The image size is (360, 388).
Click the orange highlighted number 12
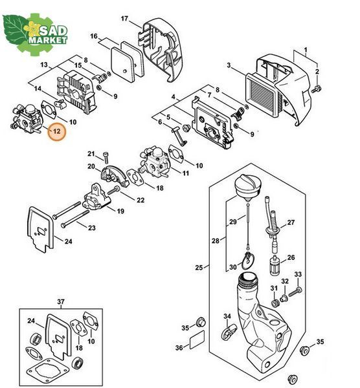(57, 131)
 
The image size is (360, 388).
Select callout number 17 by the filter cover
(124, 19)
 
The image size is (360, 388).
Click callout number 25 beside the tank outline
(199, 268)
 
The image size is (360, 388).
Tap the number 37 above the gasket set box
(61, 301)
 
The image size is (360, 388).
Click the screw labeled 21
(106, 157)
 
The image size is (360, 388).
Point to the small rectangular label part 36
(197, 339)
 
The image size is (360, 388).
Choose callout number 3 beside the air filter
(229, 65)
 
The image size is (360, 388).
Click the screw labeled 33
(295, 292)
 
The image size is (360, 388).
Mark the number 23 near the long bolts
(92, 228)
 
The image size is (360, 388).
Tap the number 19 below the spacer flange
(120, 211)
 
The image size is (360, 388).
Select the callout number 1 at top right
(306, 50)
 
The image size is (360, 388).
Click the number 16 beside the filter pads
(94, 36)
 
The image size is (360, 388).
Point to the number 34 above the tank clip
(227, 316)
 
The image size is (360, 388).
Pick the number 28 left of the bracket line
(216, 241)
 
